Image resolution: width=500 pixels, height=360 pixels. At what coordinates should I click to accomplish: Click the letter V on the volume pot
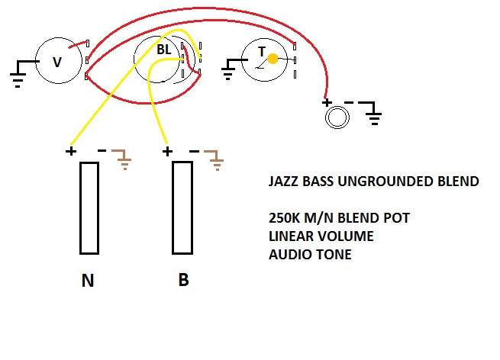(x=57, y=62)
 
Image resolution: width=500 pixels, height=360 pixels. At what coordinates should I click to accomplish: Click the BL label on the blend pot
(x=164, y=50)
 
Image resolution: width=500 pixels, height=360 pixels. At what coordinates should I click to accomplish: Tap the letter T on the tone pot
(x=262, y=52)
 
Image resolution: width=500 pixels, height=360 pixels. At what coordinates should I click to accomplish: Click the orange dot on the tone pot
(x=273, y=59)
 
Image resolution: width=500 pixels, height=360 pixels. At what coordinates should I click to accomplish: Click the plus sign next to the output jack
(x=327, y=102)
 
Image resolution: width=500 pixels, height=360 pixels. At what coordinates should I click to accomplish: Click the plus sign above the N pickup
(x=71, y=151)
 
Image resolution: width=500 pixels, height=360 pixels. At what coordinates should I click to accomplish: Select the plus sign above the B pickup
(x=167, y=151)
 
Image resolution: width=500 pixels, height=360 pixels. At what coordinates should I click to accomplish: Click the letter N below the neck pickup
(x=88, y=281)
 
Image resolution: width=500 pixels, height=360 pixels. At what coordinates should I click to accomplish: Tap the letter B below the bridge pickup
(x=184, y=280)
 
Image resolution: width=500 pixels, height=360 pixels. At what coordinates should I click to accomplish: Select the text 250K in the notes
(x=285, y=218)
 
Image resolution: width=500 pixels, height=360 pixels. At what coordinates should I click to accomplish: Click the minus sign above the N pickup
(x=102, y=150)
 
